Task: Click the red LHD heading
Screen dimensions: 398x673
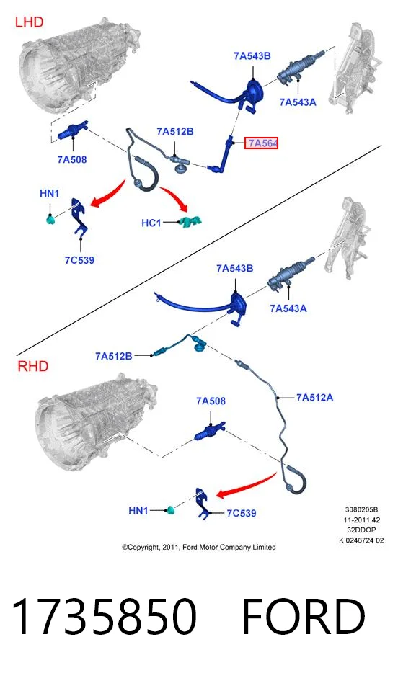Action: [x=29, y=22]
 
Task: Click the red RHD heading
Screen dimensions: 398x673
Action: [x=32, y=366]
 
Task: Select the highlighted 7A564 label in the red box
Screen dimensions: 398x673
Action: [x=262, y=143]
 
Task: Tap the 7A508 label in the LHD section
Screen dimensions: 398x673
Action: [x=71, y=160]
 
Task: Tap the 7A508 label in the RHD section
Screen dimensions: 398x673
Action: [x=211, y=401]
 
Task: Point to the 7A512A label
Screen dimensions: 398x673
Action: [x=314, y=398]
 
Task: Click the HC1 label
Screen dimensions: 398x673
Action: [x=151, y=223]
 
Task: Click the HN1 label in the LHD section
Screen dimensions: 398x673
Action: [x=49, y=194]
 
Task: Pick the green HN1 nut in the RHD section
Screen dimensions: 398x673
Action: [x=171, y=510]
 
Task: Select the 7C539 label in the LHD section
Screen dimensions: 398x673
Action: [x=79, y=260]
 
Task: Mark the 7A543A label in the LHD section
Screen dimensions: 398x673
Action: [x=298, y=102]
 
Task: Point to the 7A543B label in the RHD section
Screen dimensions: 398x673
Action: [x=235, y=268]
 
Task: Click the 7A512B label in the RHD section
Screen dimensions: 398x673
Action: [x=114, y=356]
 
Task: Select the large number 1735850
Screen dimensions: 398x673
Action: [x=105, y=616]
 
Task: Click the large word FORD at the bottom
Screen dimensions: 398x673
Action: [x=304, y=616]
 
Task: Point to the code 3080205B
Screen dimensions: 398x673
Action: [x=361, y=510]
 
